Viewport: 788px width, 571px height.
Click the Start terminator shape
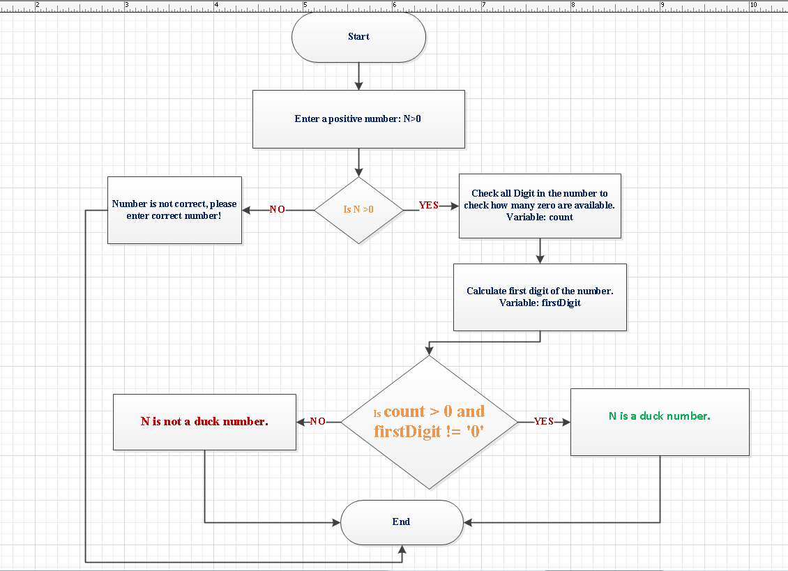[358, 37]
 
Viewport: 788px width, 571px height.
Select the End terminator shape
[401, 522]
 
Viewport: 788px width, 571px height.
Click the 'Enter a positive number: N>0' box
[358, 119]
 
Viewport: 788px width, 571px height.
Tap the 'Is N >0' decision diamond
[358, 210]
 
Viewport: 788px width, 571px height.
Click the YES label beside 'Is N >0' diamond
[428, 206]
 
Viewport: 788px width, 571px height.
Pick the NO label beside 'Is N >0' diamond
[278, 210]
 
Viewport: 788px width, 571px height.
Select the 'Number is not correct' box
[174, 210]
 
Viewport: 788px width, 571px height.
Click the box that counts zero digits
[539, 206]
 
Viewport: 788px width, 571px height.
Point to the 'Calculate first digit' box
[540, 297]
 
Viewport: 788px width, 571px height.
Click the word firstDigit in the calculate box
[561, 303]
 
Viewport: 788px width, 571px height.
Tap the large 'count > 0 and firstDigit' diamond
[429, 422]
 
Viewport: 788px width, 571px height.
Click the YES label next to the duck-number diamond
[543, 422]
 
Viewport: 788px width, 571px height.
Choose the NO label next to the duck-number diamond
[317, 422]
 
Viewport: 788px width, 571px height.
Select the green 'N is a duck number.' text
[659, 416]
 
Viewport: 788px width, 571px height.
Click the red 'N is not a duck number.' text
[204, 422]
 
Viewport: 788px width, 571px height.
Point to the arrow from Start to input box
[358, 75]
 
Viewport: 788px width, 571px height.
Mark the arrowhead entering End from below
[402, 550]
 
